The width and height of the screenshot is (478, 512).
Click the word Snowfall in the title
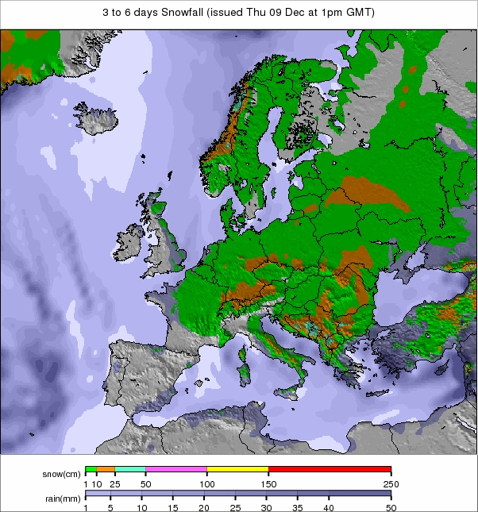185,13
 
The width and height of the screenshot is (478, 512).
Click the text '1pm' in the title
322,13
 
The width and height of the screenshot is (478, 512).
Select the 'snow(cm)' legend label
62,474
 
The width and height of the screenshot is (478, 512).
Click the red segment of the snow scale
330,469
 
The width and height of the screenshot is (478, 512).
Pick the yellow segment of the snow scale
237,469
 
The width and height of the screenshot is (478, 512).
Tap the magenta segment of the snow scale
176,469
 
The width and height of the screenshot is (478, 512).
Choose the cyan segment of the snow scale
130,469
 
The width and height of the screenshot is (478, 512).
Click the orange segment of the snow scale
106,469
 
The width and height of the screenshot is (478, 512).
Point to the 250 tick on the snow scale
391,483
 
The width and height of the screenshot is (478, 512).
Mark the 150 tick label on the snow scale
268,483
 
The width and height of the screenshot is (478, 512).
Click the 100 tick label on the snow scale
207,483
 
